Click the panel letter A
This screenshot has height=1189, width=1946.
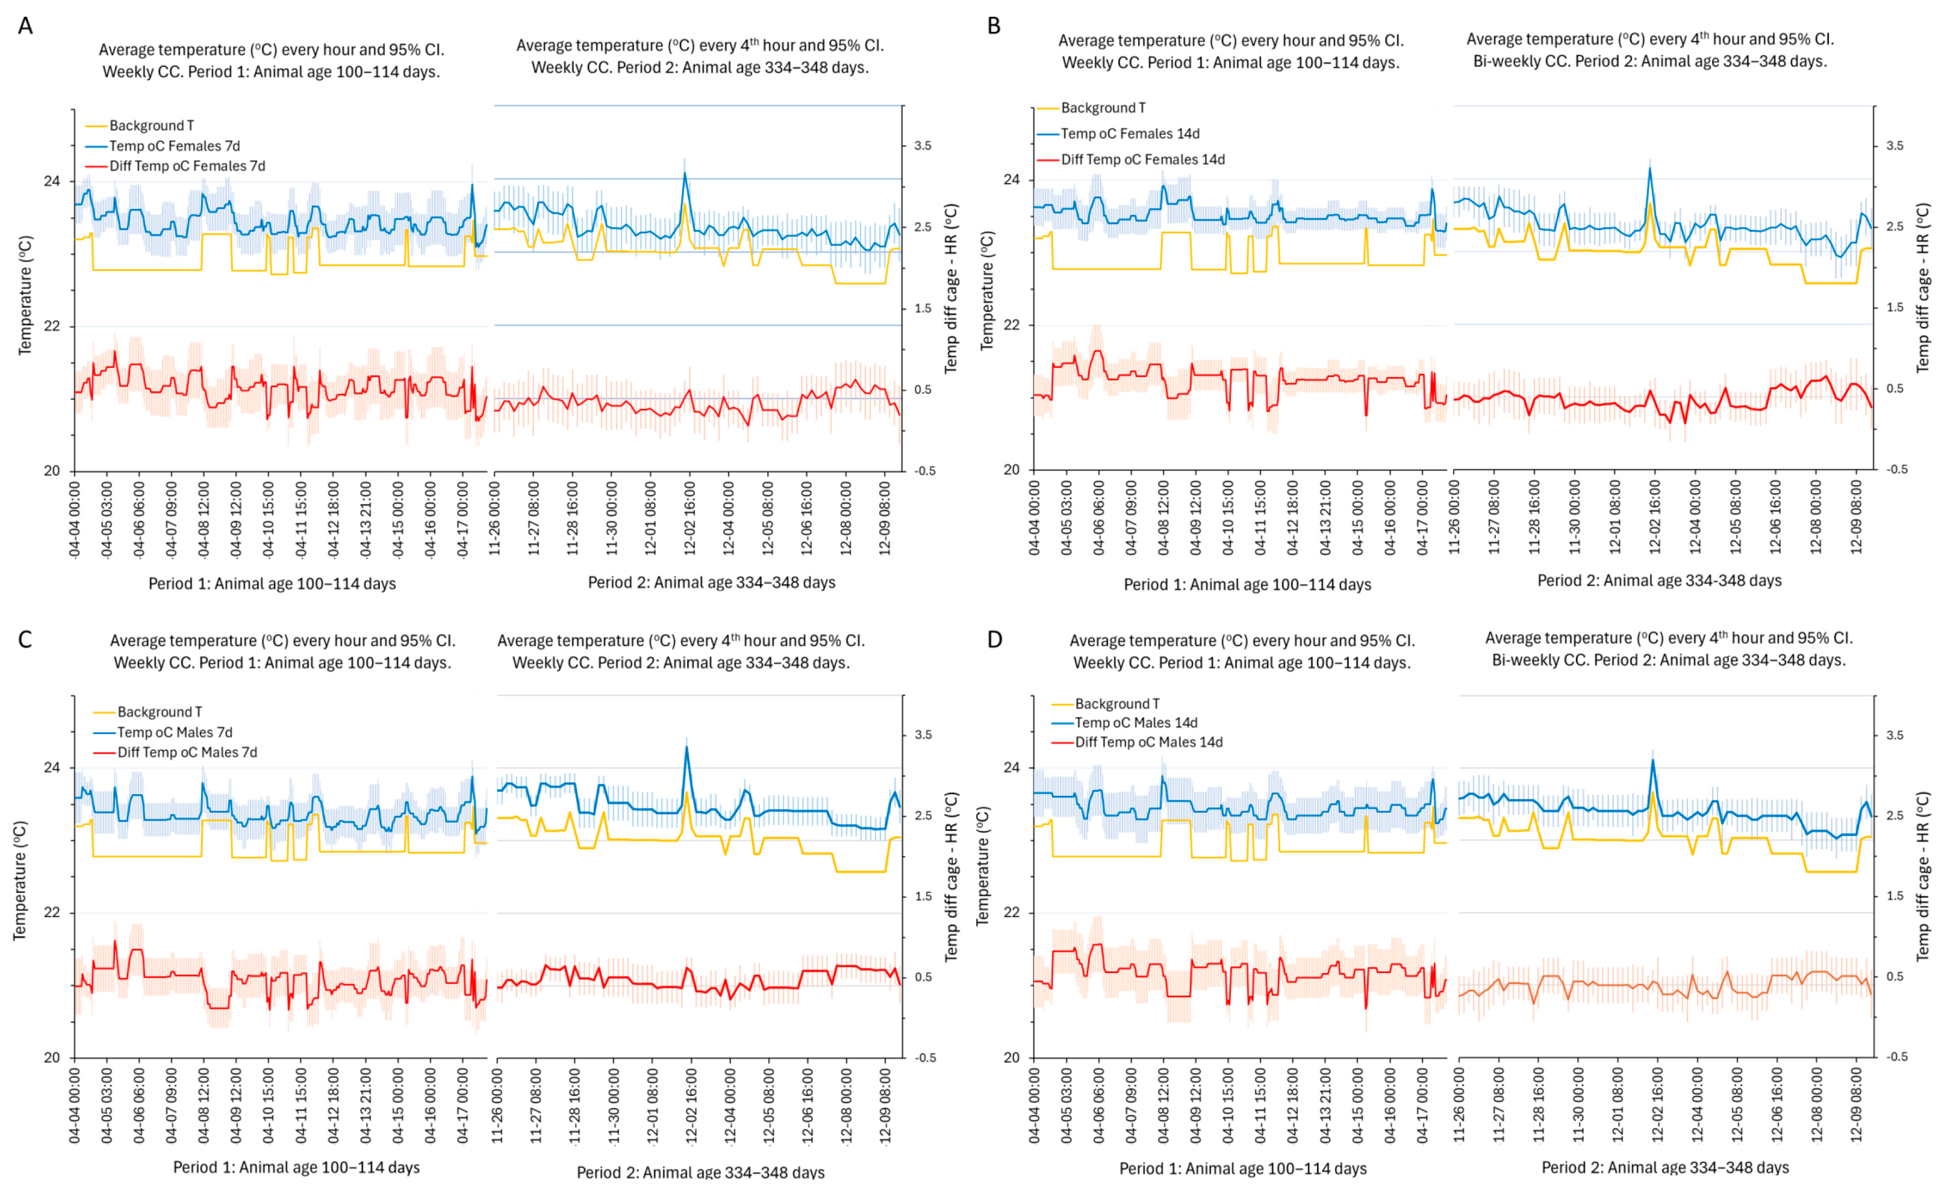25,26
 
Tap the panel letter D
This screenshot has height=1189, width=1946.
994,639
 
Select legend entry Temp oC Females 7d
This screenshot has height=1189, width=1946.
174,146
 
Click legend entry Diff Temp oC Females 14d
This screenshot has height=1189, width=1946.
1142,159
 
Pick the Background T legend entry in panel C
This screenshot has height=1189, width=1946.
159,712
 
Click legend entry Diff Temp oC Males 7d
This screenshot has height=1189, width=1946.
187,752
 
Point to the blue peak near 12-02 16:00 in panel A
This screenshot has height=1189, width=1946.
685,173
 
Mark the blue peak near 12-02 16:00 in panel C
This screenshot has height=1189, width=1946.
686,747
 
